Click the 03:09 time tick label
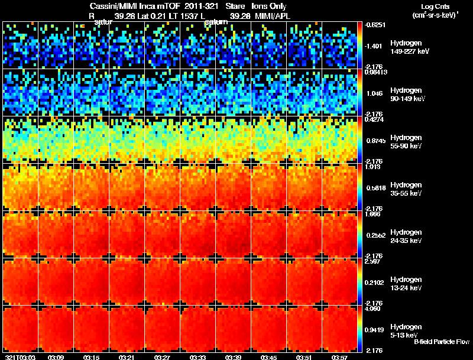(x=56, y=357)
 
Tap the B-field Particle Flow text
(x=441, y=342)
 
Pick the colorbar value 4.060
(x=374, y=309)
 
